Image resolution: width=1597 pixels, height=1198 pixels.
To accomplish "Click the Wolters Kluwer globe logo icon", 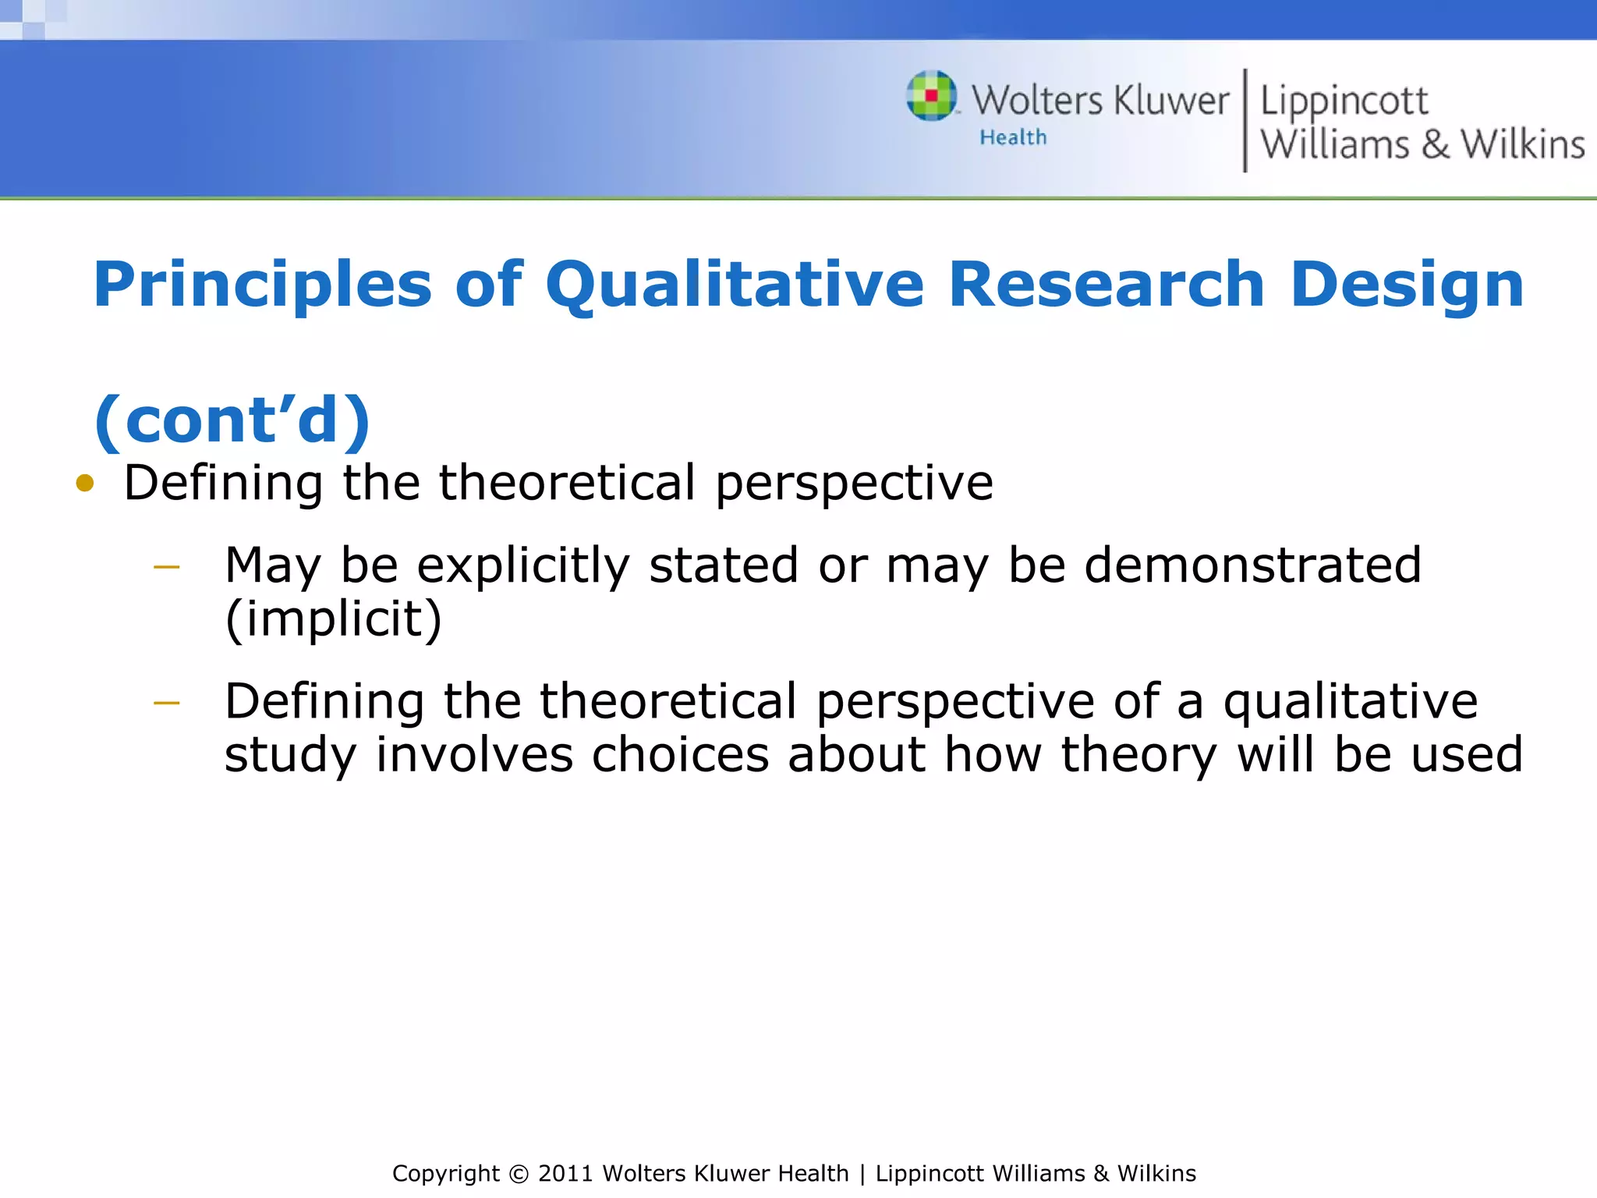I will coord(932,96).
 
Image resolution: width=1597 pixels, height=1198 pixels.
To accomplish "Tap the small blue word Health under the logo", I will coord(1013,138).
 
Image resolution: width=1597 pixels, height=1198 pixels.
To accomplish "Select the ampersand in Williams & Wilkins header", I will coord(1435,145).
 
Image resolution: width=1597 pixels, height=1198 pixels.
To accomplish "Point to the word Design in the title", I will coord(1407,285).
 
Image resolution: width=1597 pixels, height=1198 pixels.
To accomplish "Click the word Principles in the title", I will coord(262,285).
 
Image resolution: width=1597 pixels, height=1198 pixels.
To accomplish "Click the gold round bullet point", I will coord(85,484).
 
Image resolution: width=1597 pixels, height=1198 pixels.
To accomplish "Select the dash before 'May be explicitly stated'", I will coord(167,567).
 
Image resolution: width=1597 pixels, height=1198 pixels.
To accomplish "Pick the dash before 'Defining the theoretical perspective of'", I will coord(167,704).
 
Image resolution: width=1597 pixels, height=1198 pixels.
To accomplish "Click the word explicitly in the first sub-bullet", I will coord(522,567).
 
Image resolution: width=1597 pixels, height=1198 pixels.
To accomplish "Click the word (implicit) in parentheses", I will coord(333,619).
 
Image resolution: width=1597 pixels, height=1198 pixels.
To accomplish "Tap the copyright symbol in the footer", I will coord(519,1174).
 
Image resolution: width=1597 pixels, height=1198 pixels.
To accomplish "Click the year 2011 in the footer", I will coord(566,1174).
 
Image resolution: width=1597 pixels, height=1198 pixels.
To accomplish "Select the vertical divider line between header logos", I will coord(1245,121).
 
